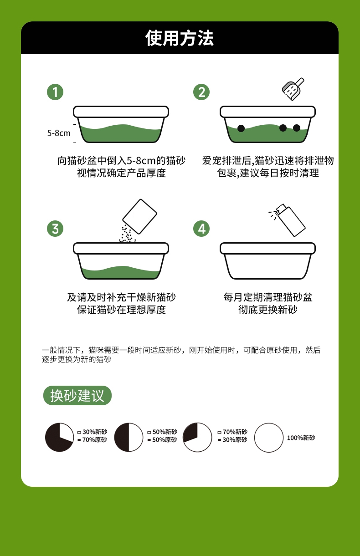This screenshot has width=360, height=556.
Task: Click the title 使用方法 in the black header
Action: pos(180,38)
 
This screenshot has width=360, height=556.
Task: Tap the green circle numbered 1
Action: pos(55,92)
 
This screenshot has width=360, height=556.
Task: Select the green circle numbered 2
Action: pos(201,92)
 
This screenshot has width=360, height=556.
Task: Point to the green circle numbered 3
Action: pos(55,229)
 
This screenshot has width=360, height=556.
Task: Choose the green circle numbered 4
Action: pos(201,229)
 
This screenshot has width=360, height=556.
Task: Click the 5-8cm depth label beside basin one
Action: pos(59,133)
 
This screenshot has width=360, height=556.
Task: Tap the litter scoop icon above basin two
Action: pos(293,89)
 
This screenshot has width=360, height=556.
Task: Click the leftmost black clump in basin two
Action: pos(241,128)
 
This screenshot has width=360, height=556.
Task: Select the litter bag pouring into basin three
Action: pos(139,216)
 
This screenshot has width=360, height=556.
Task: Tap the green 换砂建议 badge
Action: pos(77,395)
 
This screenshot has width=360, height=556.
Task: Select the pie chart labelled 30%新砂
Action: pos(59,438)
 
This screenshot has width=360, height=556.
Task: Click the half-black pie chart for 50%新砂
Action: pos(129,438)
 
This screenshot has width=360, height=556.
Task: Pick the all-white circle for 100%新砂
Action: pos(269,438)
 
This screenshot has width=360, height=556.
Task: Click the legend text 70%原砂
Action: pos(94,440)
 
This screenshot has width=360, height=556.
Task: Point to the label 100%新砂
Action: pos(301,438)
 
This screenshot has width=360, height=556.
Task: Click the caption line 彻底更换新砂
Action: pos(267,310)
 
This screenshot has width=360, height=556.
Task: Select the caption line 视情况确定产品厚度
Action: pos(121,173)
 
